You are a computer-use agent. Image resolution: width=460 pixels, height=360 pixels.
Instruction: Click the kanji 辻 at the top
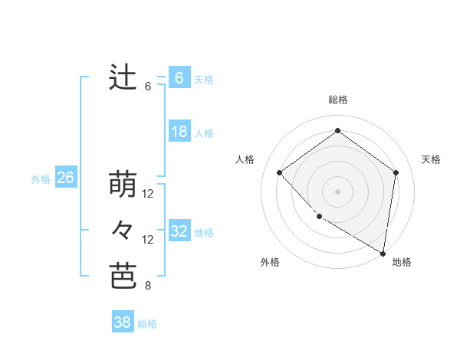[x=123, y=78]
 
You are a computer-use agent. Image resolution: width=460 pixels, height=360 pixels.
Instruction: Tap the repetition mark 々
[x=123, y=231]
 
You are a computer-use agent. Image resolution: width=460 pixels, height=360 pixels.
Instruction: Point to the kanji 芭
[x=123, y=277]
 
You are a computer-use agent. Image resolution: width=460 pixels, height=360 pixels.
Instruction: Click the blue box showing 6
[x=179, y=78]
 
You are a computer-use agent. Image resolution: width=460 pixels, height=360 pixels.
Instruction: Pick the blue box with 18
[x=179, y=132]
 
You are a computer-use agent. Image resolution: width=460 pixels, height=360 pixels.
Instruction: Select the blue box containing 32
[x=179, y=231]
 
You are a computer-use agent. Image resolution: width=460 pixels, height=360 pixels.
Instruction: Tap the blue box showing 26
[x=65, y=178]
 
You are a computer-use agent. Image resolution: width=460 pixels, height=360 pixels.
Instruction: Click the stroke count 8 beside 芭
[x=148, y=286]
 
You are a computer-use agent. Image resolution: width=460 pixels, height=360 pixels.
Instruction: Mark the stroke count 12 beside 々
[x=148, y=240]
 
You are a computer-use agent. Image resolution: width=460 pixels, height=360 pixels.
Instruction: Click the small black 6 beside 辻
[x=148, y=87]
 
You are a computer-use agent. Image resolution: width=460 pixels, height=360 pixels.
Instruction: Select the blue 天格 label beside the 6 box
[x=204, y=80]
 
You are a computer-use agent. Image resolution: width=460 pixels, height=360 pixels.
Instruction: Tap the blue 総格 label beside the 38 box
[x=147, y=324]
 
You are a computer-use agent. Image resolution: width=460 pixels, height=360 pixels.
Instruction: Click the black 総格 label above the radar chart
[x=337, y=100]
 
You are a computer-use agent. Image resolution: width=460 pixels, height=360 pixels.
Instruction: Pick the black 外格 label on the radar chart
[x=270, y=262]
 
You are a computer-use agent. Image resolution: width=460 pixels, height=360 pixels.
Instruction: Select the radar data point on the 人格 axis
[x=280, y=172]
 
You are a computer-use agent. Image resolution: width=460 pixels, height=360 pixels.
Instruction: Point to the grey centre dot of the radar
[x=337, y=191]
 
